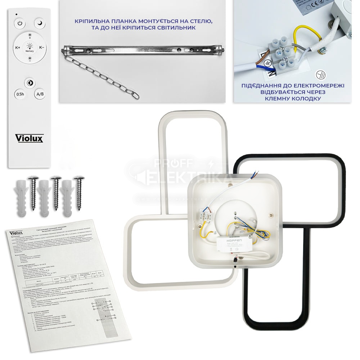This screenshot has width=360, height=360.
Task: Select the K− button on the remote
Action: click(41, 47)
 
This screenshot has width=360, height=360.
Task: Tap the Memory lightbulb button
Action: click(30, 47)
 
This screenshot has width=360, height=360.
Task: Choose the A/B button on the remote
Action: click(40, 94)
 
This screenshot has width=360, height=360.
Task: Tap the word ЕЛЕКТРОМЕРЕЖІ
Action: click(318, 86)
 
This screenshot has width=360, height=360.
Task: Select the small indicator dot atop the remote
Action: click(16, 14)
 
